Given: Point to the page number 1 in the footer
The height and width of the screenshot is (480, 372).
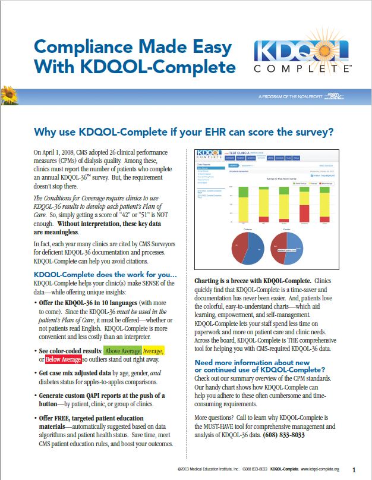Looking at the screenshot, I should (x=354, y=469).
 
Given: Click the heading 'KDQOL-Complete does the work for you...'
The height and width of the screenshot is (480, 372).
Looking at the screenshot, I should (x=105, y=274).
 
